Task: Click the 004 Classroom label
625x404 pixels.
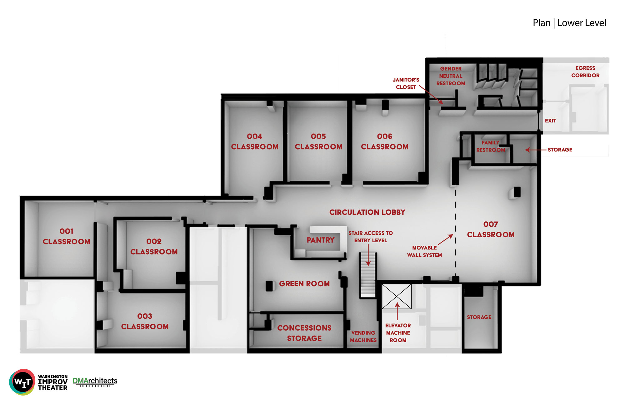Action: click(255, 141)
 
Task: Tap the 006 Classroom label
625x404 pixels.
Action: click(385, 141)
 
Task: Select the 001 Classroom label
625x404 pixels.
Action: click(66, 236)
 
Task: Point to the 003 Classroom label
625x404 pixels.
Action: click(145, 321)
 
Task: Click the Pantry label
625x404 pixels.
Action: click(321, 240)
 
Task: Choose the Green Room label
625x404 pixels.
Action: click(304, 284)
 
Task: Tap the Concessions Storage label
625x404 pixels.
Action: click(304, 333)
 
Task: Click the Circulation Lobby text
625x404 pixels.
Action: click(367, 212)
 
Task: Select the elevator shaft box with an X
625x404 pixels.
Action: click(397, 296)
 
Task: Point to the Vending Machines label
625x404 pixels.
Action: click(363, 337)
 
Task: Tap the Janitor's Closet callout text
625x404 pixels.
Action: click(406, 84)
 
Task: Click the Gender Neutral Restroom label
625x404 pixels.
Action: click(451, 76)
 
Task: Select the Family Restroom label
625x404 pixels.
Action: click(491, 146)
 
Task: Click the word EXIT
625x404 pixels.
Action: click(550, 121)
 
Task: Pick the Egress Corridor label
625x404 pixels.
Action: click(585, 72)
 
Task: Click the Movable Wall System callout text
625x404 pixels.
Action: click(424, 251)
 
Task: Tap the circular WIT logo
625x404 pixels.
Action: click(22, 382)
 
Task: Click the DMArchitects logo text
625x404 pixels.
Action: click(95, 381)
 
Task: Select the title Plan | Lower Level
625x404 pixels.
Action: click(569, 23)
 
